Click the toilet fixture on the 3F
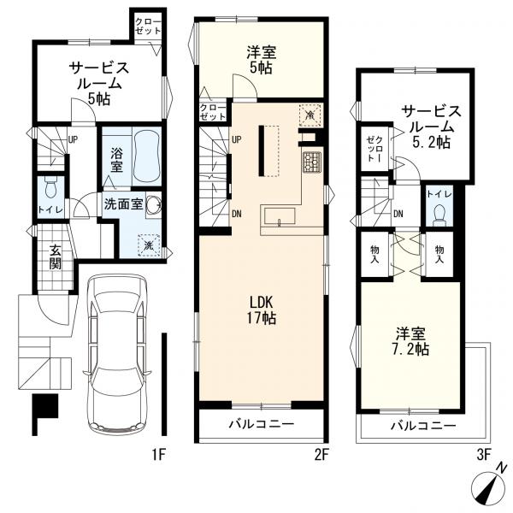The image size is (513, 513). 439,215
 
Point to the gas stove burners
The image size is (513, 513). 310,162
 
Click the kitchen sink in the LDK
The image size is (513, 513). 280,216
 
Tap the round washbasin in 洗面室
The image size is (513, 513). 153,205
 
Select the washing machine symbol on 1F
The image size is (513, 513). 149,245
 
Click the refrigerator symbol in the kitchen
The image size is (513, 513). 310,115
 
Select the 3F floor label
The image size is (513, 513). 484,455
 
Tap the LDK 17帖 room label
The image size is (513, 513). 262,310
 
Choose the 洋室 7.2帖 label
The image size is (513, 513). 410,341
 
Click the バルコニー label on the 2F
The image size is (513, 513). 262,424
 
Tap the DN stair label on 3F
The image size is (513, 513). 398,215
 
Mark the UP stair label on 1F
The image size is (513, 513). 73,139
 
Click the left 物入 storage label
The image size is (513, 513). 375,255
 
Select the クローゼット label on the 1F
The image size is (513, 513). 149,27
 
